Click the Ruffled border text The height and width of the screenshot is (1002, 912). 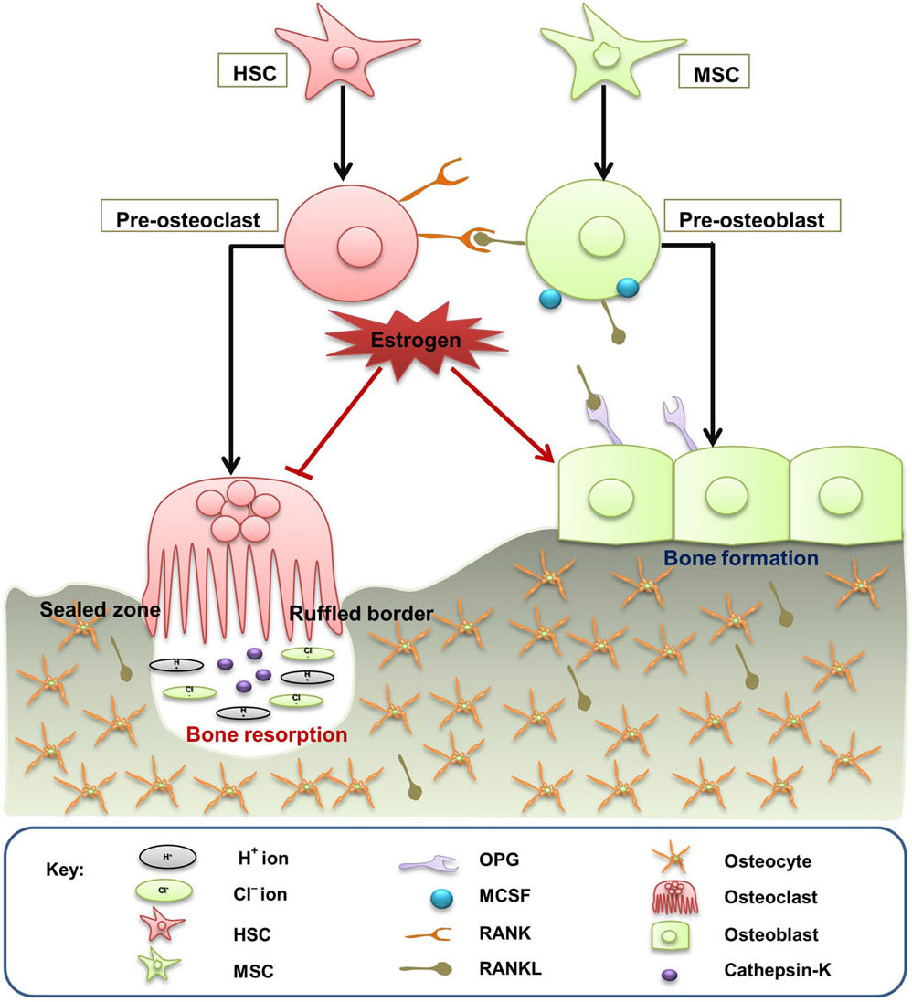coord(361,614)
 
